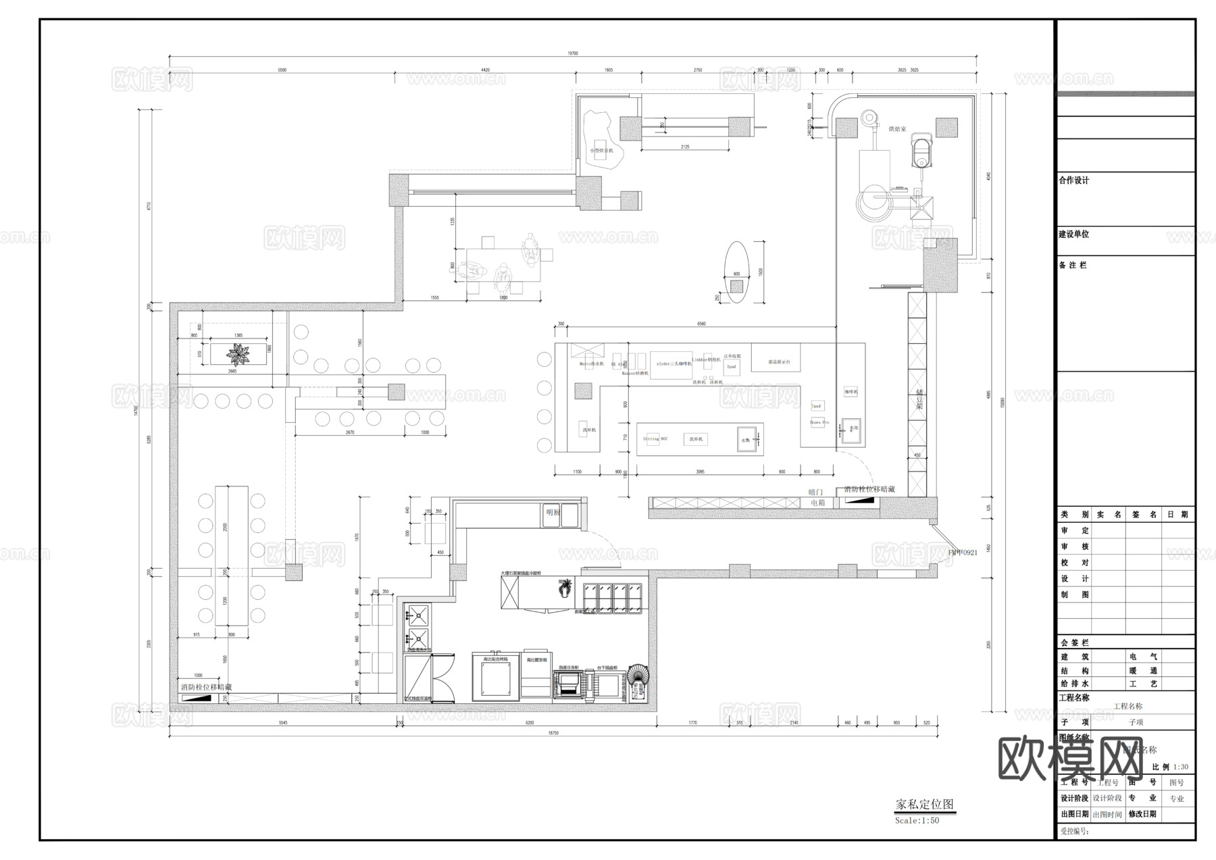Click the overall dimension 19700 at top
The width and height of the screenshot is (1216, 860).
click(x=572, y=53)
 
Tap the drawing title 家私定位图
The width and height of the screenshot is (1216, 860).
click(x=924, y=805)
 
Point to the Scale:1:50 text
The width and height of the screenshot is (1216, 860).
click(x=917, y=820)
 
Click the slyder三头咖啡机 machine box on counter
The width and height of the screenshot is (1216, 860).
click(x=671, y=364)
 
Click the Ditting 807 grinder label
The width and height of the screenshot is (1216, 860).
click(x=655, y=439)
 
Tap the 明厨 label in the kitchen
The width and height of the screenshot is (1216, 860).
click(x=553, y=512)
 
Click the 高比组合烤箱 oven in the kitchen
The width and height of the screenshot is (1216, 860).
click(x=495, y=677)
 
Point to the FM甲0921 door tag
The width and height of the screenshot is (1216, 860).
click(x=963, y=553)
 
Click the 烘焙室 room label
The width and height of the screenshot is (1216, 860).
click(x=897, y=128)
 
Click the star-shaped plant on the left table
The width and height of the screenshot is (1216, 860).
click(x=238, y=353)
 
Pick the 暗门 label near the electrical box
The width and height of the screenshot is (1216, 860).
click(x=815, y=492)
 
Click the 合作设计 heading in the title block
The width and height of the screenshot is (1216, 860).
click(x=1074, y=180)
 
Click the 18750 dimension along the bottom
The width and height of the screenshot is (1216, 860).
click(x=553, y=733)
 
